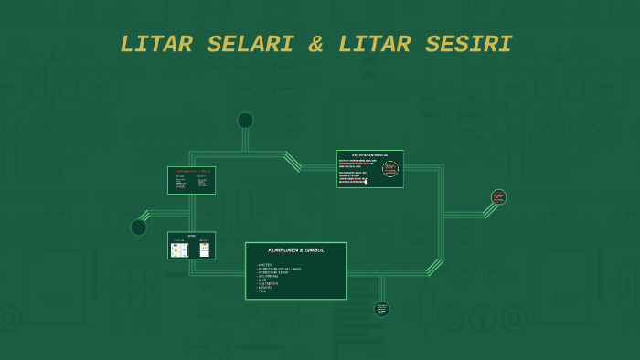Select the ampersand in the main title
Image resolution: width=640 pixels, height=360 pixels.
[x=315, y=44]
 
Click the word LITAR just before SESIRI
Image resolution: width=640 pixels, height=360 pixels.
[x=378, y=44]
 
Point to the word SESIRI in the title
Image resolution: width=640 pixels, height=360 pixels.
[x=467, y=44]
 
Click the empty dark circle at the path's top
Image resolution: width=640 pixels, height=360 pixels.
[x=245, y=121]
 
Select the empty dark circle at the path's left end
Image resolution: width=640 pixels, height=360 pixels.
[x=139, y=228]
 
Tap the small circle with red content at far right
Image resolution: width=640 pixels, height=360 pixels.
[x=498, y=196]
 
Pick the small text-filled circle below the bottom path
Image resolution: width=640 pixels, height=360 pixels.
[x=381, y=309]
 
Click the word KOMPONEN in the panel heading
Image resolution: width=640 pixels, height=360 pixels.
[x=283, y=250]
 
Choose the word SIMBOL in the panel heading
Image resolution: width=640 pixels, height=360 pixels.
[x=315, y=250]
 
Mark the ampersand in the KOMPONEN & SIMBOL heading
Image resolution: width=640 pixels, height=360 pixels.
[x=303, y=250]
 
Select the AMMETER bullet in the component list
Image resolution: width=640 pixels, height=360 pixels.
[x=266, y=265]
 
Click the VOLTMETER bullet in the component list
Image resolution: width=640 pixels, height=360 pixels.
[x=269, y=283]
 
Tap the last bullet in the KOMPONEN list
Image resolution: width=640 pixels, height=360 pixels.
[x=262, y=291]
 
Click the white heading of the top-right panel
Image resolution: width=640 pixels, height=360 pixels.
[x=370, y=155]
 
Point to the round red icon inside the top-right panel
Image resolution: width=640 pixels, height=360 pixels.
[x=390, y=169]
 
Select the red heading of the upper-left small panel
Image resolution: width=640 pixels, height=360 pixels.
[x=192, y=171]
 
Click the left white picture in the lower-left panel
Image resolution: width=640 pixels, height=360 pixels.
[x=178, y=248]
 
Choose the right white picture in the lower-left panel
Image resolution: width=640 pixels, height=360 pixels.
[x=205, y=248]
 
